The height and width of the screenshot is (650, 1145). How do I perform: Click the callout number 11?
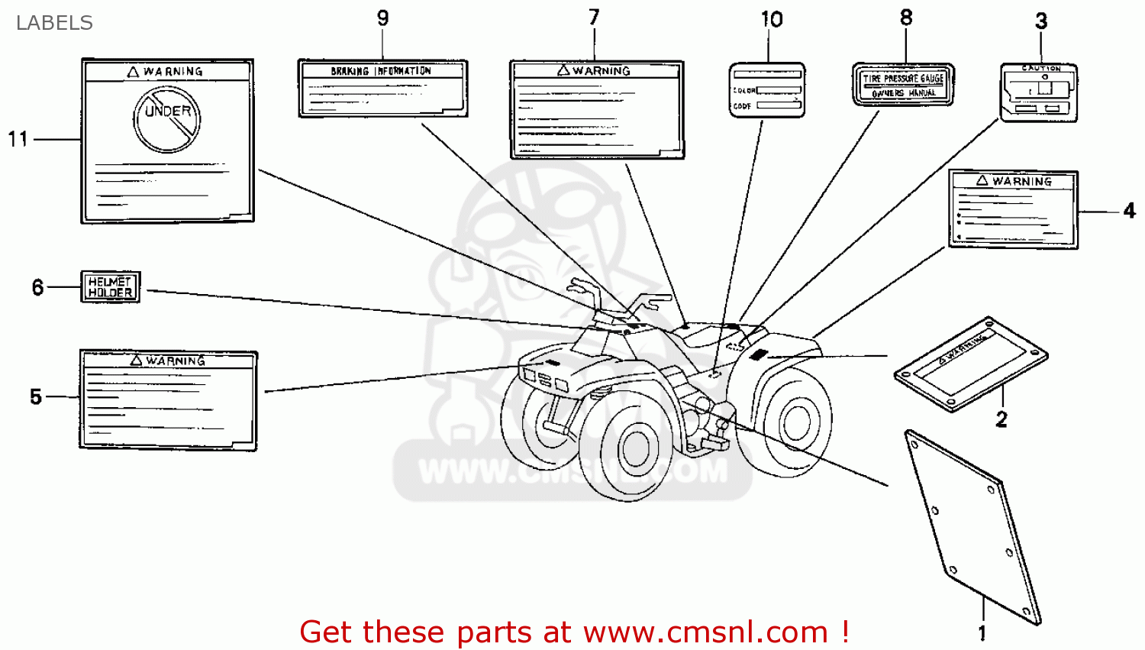[x=18, y=139]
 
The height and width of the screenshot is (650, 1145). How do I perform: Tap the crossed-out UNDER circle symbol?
[x=167, y=119]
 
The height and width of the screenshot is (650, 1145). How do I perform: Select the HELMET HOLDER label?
[x=111, y=287]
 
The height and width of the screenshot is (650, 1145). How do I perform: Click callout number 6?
[x=37, y=287]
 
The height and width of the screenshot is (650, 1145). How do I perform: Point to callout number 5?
[x=36, y=396]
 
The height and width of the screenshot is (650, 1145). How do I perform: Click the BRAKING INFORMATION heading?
[x=381, y=71]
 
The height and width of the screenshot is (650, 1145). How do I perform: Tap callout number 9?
[x=382, y=18]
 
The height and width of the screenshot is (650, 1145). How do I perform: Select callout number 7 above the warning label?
[x=594, y=17]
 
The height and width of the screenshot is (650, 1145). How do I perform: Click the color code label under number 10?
[x=766, y=90]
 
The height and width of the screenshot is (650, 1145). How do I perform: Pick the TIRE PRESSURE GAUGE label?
[x=903, y=85]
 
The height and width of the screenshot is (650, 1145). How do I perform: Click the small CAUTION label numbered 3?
[x=1039, y=93]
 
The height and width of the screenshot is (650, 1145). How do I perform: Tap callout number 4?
[x=1130, y=211]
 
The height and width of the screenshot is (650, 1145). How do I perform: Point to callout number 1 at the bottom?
[x=982, y=632]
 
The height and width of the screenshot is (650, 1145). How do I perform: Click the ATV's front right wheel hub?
[x=635, y=449]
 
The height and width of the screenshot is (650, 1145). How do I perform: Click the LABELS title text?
[x=54, y=23]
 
